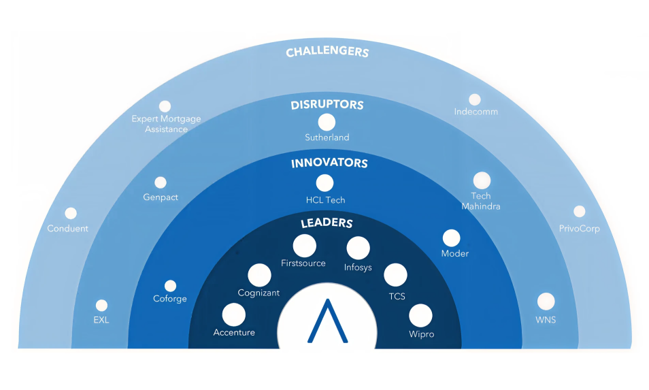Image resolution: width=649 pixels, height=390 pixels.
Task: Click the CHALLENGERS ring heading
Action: pyautogui.click(x=327, y=52)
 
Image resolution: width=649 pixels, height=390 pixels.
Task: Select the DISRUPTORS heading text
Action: pyautogui.click(x=327, y=105)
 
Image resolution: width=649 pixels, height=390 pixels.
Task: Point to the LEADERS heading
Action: pyautogui.click(x=327, y=223)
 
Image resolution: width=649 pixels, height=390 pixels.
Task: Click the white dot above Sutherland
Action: pyautogui.click(x=327, y=123)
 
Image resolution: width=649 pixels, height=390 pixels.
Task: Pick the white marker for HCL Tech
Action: pyautogui.click(x=325, y=182)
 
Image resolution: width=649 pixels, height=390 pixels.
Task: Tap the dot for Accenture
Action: pyautogui.click(x=234, y=315)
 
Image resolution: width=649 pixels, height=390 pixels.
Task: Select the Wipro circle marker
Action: pyautogui.click(x=420, y=315)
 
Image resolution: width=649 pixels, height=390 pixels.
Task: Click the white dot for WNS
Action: pyautogui.click(x=546, y=302)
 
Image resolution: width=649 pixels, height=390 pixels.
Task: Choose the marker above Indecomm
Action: pyautogui.click(x=475, y=99)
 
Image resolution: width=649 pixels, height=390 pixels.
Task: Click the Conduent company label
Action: pyautogui.click(x=68, y=229)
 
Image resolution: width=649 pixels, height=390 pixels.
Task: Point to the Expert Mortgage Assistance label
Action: pyautogui.click(x=166, y=124)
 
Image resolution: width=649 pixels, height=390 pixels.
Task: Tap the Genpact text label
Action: pyautogui.click(x=161, y=197)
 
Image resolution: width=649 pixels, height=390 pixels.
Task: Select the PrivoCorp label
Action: pyautogui.click(x=579, y=229)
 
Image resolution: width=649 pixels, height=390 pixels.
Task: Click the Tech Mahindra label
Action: pyautogui.click(x=481, y=201)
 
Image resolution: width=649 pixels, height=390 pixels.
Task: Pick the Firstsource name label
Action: pyautogui.click(x=303, y=263)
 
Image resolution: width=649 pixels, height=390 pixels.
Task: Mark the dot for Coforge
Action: pyautogui.click(x=170, y=286)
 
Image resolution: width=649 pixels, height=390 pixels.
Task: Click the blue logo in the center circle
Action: pyautogui.click(x=327, y=321)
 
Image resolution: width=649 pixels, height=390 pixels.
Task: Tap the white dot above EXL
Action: pyautogui.click(x=101, y=306)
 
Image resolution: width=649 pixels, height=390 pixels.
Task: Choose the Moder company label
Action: pyautogui.click(x=454, y=254)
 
